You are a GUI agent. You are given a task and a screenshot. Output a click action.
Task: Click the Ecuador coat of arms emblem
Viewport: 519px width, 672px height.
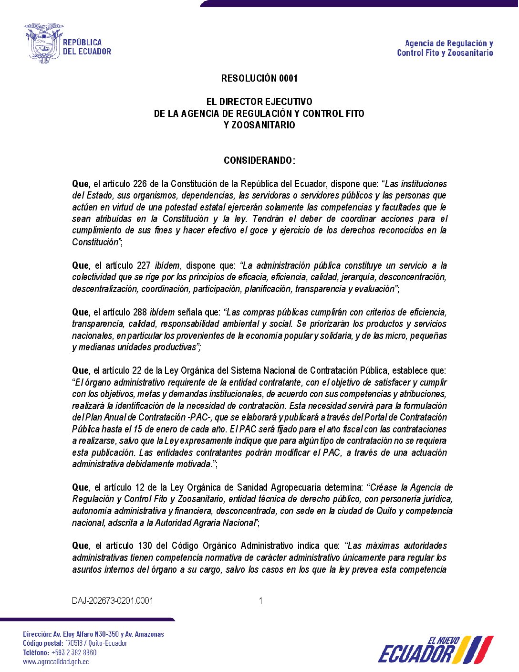[43, 43]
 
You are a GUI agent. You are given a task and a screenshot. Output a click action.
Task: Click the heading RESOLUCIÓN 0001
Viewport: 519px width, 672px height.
[259, 78]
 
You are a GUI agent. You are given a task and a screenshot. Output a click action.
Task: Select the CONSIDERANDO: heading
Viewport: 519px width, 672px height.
[259, 160]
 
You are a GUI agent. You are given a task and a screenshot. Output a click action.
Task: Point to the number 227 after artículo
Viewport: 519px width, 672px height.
[144, 265]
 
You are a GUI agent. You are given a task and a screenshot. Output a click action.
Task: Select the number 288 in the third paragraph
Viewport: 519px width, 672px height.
[140, 312]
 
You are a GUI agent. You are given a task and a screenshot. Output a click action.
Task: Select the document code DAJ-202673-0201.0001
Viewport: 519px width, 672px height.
[113, 600]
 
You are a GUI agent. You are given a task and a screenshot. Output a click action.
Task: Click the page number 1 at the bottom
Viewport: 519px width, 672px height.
[260, 600]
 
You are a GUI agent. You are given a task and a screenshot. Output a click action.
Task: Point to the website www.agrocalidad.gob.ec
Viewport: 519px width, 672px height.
[56, 661]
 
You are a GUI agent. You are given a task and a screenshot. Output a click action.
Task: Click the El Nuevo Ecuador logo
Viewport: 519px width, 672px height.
[435, 650]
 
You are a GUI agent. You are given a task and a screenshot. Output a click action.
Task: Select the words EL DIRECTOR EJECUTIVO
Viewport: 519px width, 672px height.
[259, 102]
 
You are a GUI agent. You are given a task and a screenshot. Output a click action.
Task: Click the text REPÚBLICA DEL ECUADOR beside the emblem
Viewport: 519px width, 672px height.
[87, 47]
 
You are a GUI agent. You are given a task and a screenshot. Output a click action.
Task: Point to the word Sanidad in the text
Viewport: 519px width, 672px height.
[249, 487]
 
